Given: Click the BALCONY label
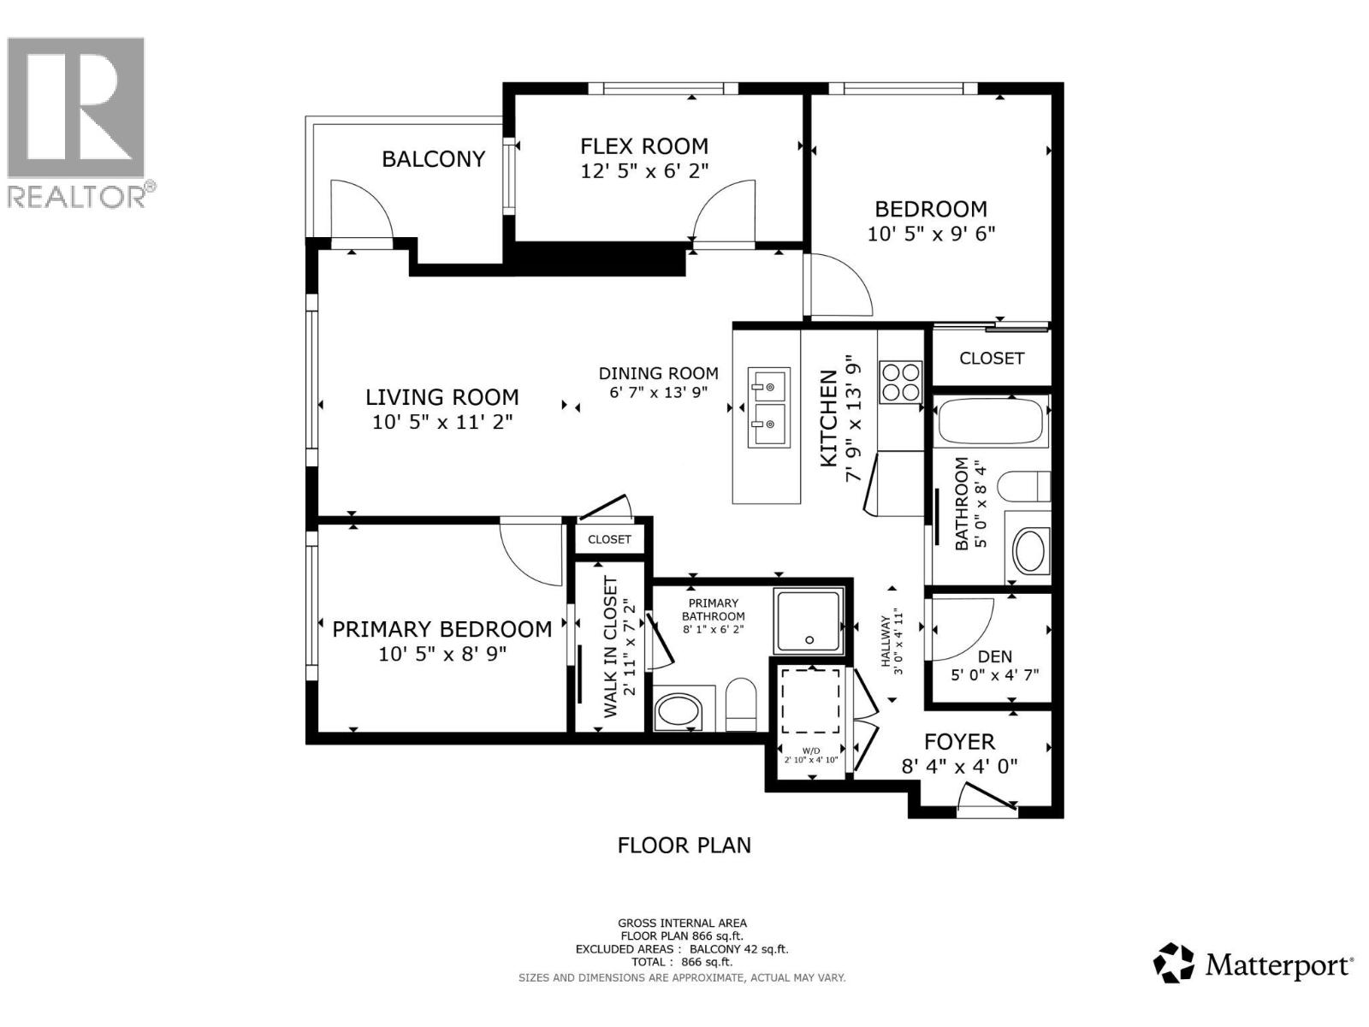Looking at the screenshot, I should coord(433,159).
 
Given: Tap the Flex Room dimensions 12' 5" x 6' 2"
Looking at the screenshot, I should coord(644,171).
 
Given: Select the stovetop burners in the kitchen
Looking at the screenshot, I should coord(901,382).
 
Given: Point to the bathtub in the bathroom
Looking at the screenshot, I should coord(992,422).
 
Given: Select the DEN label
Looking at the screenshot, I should coord(994,656).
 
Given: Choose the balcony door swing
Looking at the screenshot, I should coord(359,210).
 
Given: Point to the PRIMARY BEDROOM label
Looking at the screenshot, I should coord(442,630).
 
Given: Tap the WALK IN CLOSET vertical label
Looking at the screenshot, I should coord(610,647).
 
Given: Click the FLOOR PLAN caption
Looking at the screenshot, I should coord(684,846).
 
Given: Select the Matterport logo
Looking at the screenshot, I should coord(1253,965).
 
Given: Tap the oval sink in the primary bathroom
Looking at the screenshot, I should coord(678,710).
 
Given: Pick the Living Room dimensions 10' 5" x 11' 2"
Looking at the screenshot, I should coord(442,422).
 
